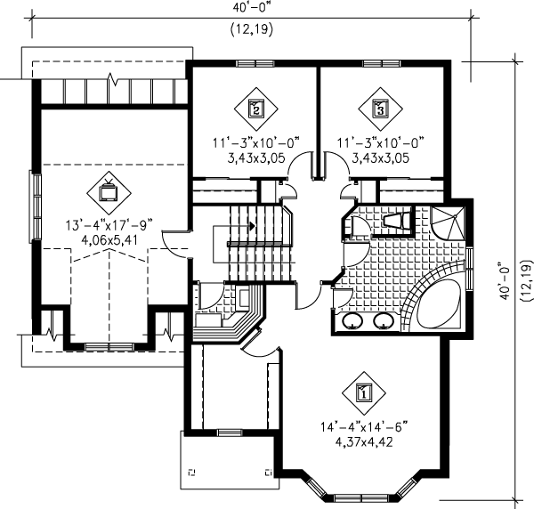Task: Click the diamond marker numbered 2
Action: (x=255, y=109)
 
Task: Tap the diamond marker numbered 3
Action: (x=380, y=109)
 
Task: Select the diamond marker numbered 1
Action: (x=362, y=390)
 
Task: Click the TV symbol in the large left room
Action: (x=109, y=190)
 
